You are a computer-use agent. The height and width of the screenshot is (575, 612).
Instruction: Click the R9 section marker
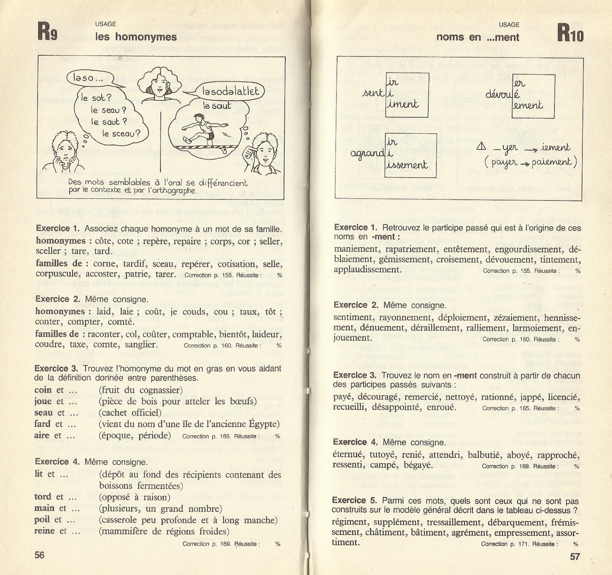(47, 32)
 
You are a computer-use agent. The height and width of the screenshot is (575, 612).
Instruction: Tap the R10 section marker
(570, 33)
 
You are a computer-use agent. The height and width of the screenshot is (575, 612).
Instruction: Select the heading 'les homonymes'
(136, 37)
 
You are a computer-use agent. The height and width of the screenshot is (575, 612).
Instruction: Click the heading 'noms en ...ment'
(478, 37)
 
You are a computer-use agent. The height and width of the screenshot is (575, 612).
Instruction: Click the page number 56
(40, 555)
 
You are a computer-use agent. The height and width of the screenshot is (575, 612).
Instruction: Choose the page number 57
(575, 556)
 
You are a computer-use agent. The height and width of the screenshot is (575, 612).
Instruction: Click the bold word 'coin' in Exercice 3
(43, 390)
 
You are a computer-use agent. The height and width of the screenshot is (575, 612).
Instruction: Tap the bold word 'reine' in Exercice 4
(45, 531)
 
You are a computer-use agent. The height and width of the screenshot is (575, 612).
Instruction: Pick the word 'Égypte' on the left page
(265, 424)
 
